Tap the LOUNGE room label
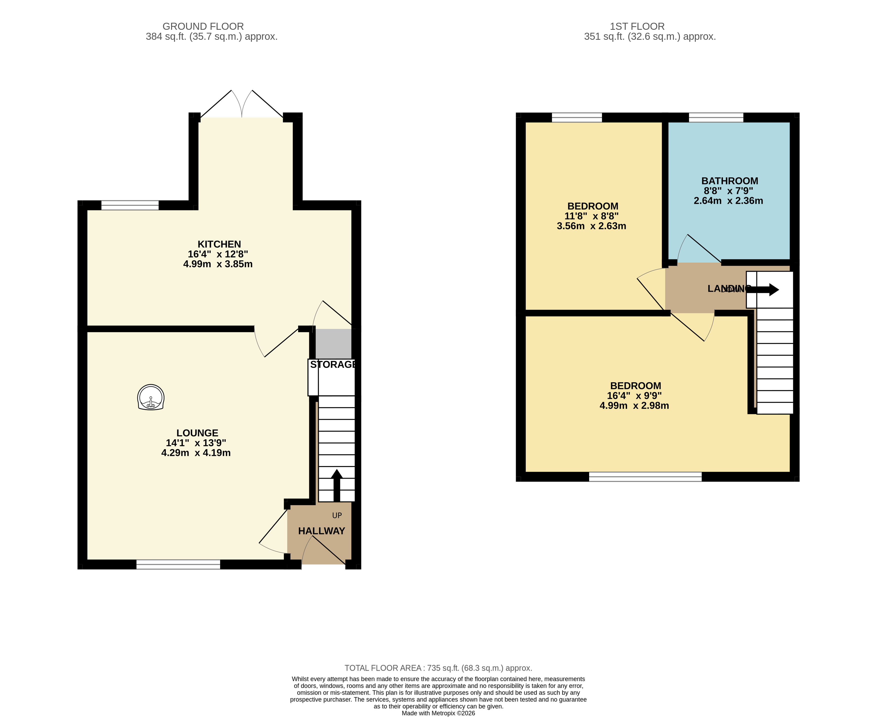(x=197, y=433)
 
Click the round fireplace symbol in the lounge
(x=151, y=397)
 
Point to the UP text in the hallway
(x=337, y=515)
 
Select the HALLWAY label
(x=321, y=531)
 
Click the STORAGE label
(x=333, y=365)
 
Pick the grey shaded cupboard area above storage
(x=333, y=344)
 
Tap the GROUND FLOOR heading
(x=203, y=27)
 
